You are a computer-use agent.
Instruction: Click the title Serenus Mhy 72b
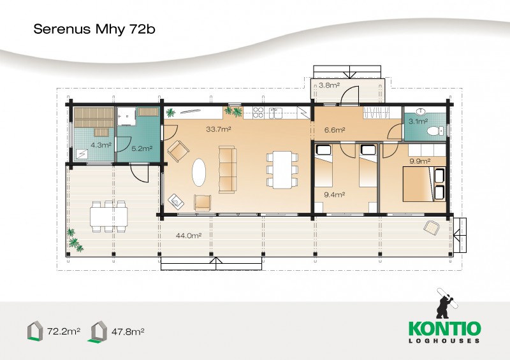tap(94, 29)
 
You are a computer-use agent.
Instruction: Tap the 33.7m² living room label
tap(219, 129)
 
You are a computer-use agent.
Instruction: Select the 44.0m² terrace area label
tap(189, 236)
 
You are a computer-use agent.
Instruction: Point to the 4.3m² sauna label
tap(101, 145)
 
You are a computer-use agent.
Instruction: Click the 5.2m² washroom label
tap(142, 148)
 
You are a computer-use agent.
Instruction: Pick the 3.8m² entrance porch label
tap(329, 85)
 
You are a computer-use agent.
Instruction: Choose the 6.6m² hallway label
tap(335, 130)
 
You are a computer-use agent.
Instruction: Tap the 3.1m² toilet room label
tap(418, 121)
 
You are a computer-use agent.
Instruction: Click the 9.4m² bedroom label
tap(334, 195)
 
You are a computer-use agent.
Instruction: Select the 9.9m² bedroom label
tap(420, 161)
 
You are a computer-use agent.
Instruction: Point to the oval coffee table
tap(199, 172)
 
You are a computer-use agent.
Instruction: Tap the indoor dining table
tap(282, 169)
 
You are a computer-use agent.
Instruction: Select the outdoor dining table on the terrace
tap(108, 217)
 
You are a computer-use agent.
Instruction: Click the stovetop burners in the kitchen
tap(258, 113)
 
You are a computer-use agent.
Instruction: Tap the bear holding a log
tap(445, 303)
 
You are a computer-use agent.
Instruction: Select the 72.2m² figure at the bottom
tap(64, 332)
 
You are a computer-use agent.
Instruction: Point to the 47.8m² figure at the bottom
tap(128, 332)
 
